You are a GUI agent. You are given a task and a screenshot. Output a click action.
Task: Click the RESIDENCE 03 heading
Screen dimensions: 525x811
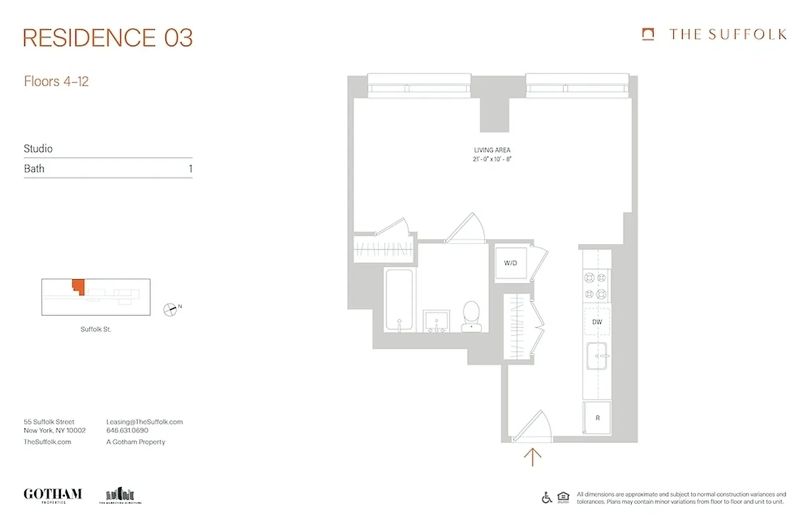[x=108, y=38]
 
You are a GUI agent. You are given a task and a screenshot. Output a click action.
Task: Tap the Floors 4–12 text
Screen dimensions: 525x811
[x=56, y=82]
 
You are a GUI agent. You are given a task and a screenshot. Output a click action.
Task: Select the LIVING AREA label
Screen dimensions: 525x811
[x=491, y=150]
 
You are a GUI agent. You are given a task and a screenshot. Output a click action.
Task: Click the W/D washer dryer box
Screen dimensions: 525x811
[x=511, y=263]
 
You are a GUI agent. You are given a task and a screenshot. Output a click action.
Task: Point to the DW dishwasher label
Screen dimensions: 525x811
[x=596, y=322]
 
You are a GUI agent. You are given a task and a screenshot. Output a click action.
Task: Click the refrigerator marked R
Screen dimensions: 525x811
[x=597, y=418]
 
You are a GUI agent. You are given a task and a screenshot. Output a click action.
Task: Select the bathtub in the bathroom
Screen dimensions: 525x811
[x=399, y=300]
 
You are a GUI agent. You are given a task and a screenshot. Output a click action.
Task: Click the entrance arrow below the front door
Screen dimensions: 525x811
[x=532, y=456]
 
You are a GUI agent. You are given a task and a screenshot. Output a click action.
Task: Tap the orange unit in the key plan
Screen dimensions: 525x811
[x=79, y=286]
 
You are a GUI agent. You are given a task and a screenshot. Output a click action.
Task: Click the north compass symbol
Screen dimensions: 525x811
[x=170, y=308]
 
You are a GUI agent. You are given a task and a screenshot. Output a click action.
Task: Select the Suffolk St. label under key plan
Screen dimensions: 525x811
[x=96, y=329]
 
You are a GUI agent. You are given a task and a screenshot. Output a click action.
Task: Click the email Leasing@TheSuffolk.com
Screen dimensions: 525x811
[x=144, y=422]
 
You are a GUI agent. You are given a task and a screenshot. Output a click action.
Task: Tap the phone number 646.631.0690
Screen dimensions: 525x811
[x=127, y=430]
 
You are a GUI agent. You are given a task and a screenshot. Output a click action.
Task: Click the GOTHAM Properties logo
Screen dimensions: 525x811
[x=52, y=494]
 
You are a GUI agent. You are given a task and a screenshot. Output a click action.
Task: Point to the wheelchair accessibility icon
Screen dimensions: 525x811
[x=547, y=497]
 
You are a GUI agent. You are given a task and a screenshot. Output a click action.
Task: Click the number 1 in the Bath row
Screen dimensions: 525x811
[x=190, y=169]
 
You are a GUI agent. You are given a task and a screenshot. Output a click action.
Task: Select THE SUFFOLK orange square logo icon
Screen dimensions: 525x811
[x=648, y=34]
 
